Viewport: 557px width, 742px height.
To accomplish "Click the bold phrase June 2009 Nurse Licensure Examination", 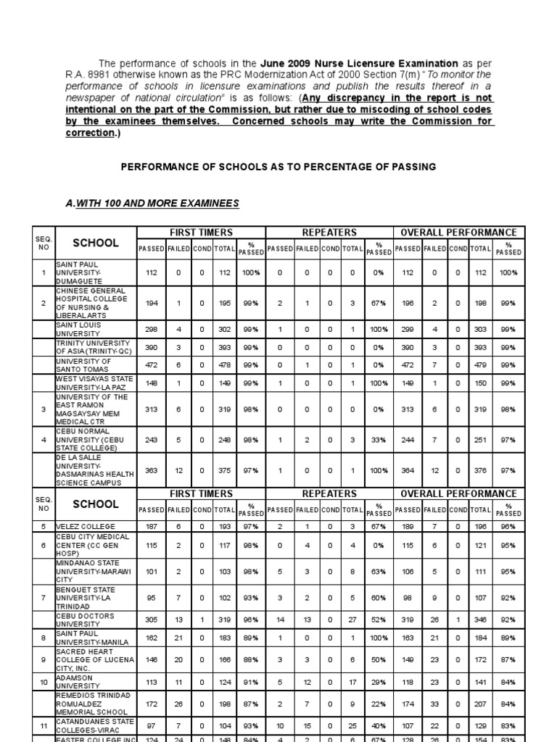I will tap(373, 64).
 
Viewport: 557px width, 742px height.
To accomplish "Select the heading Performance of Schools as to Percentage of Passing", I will tap(278, 167).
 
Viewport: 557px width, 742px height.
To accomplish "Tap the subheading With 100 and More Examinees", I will tap(152, 204).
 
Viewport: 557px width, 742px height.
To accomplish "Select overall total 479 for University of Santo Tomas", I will tap(479, 366).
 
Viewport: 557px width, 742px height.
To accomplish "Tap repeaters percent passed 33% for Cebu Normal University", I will tap(377, 439).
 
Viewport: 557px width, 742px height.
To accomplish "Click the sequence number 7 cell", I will tap(44, 599).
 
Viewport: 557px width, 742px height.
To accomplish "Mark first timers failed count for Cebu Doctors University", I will tap(177, 620).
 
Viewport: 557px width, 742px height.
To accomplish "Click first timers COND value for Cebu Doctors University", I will tap(202, 620).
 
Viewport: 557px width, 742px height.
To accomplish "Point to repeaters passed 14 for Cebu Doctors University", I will tap(280, 620).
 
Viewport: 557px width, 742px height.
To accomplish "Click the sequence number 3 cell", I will tap(44, 409).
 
